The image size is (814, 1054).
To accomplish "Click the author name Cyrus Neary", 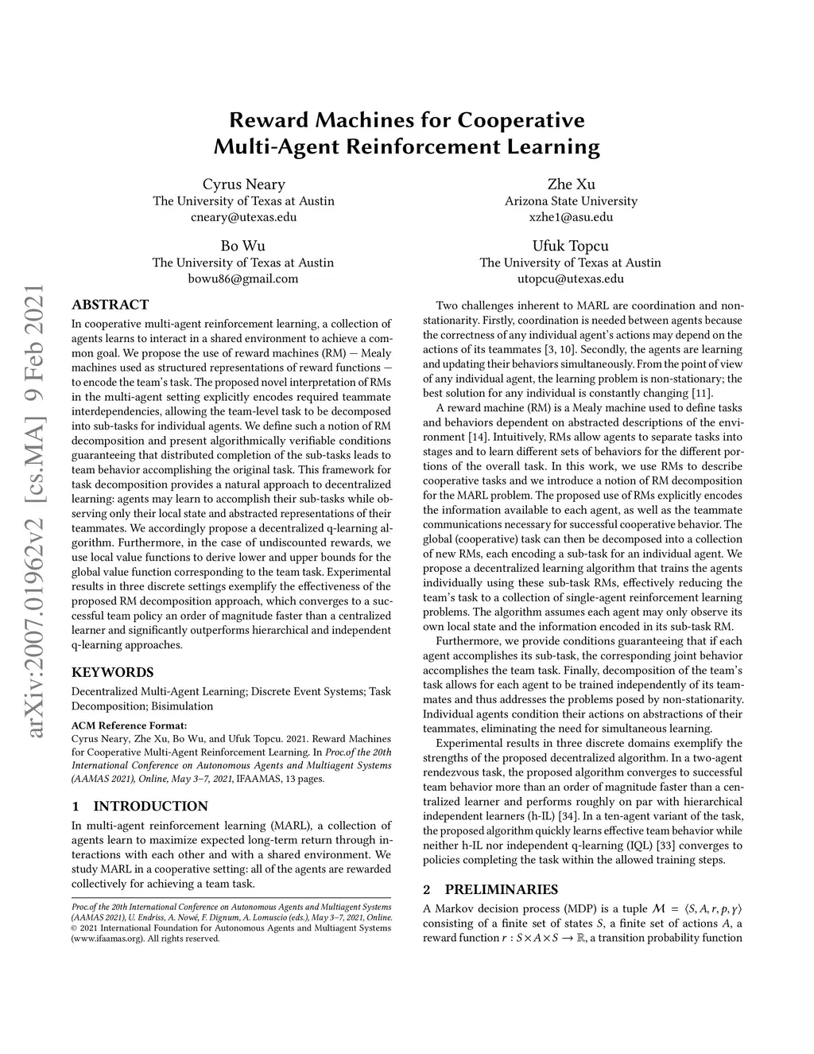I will [x=243, y=185].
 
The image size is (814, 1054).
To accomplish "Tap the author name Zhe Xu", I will [x=571, y=185].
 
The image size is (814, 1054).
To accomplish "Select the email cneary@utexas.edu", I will [x=243, y=216].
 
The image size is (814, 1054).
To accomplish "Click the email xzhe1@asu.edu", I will [x=571, y=216].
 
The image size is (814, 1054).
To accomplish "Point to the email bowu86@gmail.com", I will [x=243, y=278].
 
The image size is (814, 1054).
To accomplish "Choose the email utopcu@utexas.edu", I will [x=571, y=278].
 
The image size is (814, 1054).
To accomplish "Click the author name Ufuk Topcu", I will [x=571, y=246].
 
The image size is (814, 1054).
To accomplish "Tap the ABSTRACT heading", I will [x=110, y=305].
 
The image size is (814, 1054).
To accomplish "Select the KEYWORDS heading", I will [x=113, y=672].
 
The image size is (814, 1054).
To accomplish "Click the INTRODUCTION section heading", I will [x=150, y=806].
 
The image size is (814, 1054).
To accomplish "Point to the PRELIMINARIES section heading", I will [x=501, y=889].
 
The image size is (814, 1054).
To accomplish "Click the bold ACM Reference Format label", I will [x=130, y=725].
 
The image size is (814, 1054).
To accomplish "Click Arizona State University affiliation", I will [x=571, y=201].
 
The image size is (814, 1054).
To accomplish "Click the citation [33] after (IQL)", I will [x=665, y=846].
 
